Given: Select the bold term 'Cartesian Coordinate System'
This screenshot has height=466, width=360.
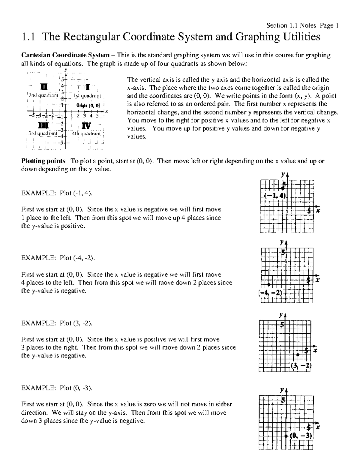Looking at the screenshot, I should click(x=65, y=55).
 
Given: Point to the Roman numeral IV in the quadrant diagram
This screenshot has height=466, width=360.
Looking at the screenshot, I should click(x=86, y=125).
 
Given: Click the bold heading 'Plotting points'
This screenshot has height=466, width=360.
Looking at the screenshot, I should click(x=43, y=161).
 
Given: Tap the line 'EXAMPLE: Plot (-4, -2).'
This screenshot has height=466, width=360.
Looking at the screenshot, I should click(x=58, y=258).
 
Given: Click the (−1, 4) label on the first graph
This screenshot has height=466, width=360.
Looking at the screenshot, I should click(x=276, y=196).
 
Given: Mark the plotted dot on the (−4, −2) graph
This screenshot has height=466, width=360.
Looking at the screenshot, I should click(x=269, y=284).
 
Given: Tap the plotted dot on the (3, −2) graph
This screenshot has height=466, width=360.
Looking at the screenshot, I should click(x=298, y=355).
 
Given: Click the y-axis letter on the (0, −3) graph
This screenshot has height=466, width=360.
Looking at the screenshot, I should click(x=282, y=390).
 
